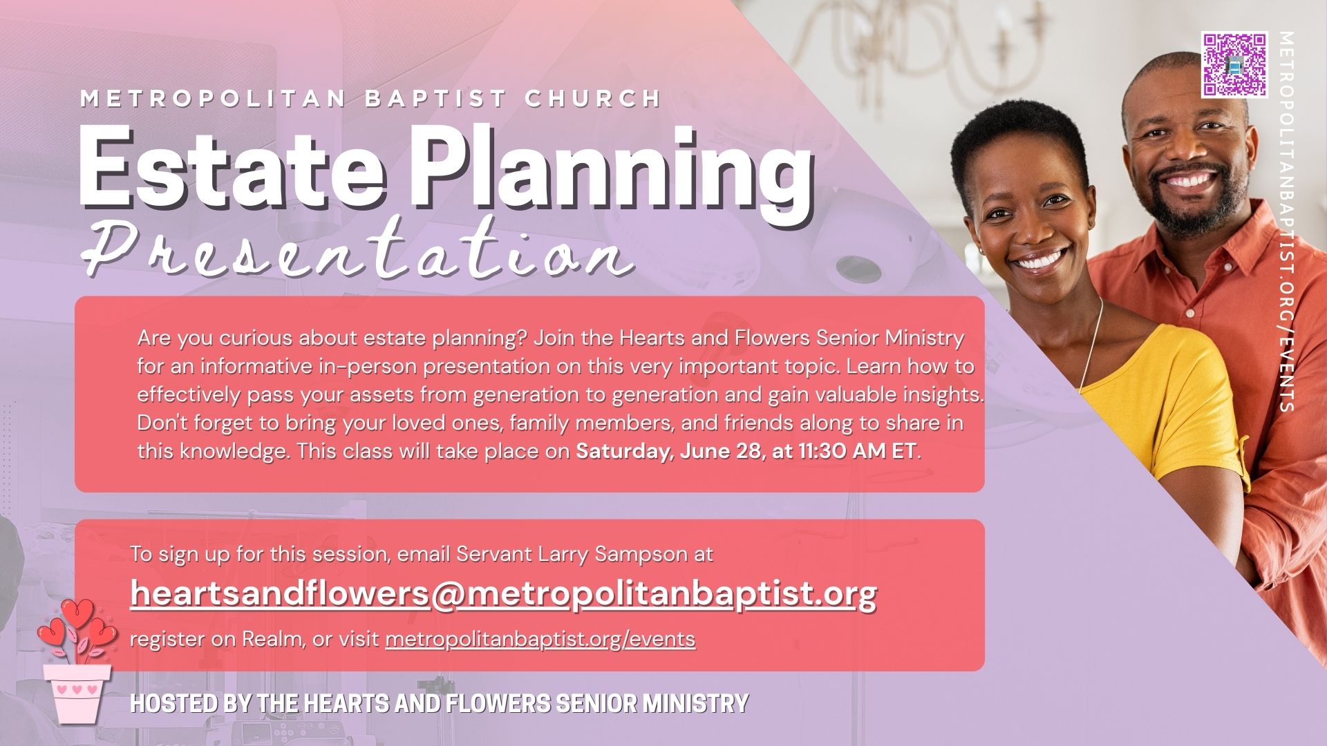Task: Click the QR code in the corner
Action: point(1234,64)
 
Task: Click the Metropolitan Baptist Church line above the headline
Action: point(372,99)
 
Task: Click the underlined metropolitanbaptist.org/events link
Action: point(540,640)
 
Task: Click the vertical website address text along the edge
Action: point(1286,221)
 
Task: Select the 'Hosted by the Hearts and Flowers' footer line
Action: point(440,704)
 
